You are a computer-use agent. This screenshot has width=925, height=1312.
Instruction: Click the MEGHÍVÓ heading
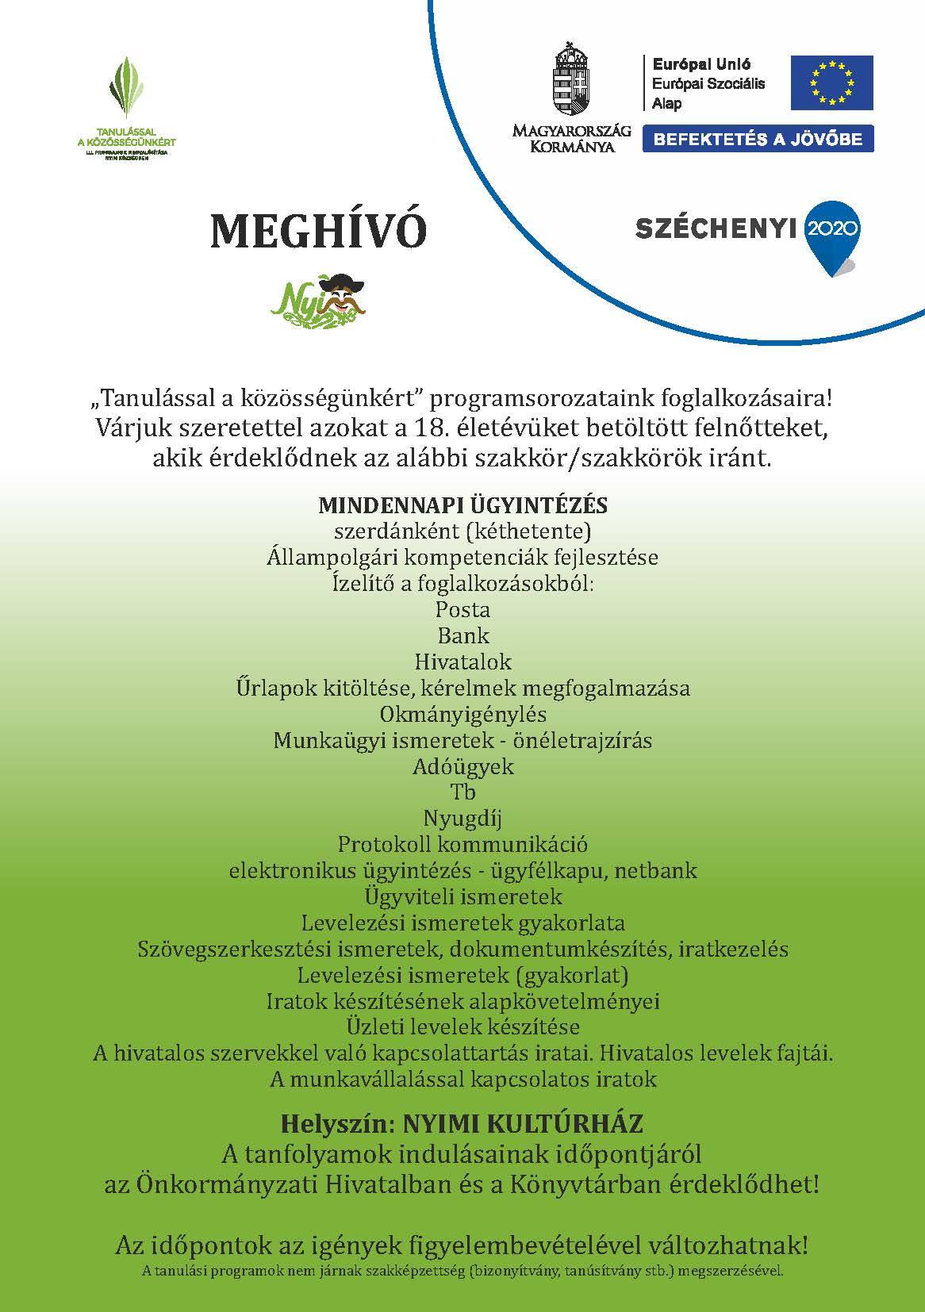(x=318, y=230)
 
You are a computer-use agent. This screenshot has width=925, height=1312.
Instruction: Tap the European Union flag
(x=831, y=82)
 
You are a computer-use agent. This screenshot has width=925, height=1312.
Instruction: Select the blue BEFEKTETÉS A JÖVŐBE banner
(x=757, y=139)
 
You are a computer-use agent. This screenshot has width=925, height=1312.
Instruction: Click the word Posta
(x=462, y=609)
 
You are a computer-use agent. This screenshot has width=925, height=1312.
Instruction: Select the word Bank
(x=462, y=635)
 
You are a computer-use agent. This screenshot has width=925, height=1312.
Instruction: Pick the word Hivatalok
(x=462, y=662)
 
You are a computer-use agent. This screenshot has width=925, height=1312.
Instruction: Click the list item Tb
(x=462, y=792)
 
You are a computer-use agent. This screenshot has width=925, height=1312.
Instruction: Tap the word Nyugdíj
(x=462, y=818)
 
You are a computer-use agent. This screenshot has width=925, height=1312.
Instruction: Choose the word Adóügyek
(x=462, y=766)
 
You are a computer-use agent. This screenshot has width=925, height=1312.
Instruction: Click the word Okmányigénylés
(x=462, y=714)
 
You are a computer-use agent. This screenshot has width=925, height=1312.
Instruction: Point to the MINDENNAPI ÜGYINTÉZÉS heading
(x=462, y=504)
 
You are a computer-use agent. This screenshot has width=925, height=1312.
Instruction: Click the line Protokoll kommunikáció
(x=462, y=844)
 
